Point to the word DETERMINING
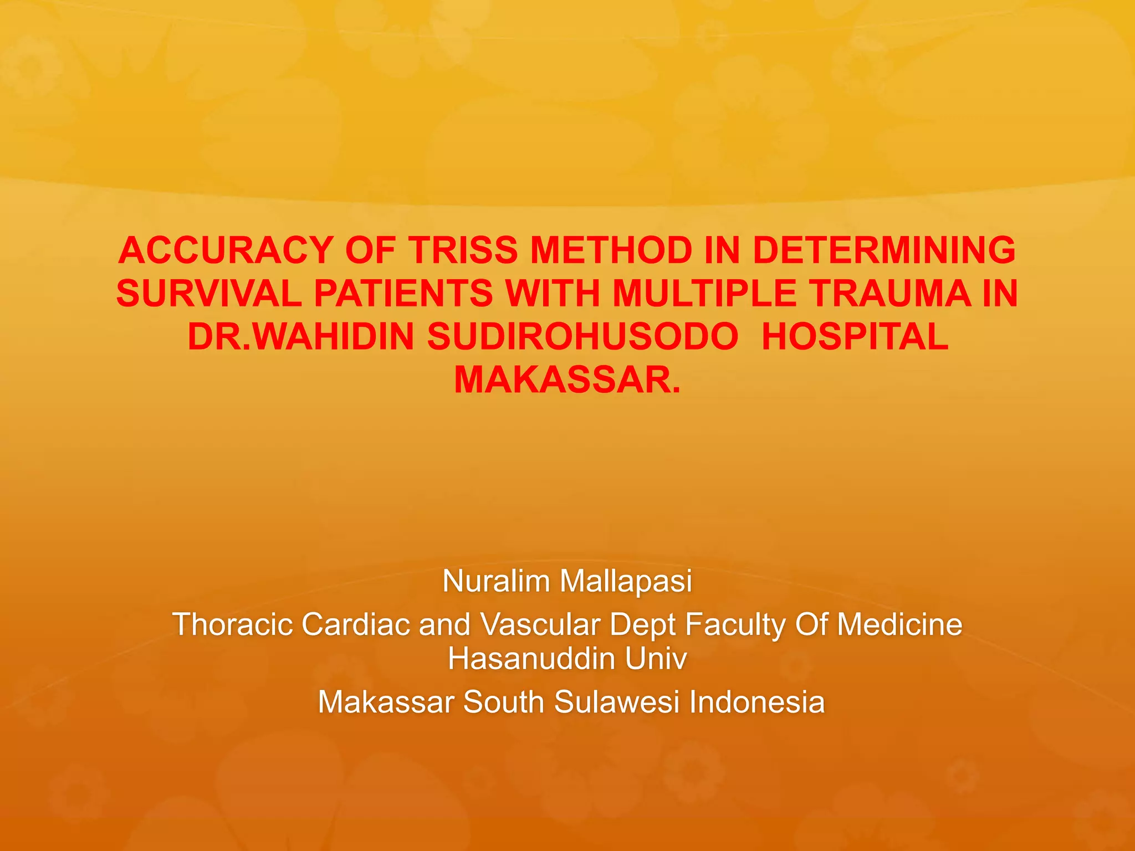(x=885, y=250)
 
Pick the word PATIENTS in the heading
(x=403, y=294)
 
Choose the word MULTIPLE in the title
(x=704, y=294)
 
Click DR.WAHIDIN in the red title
(x=301, y=337)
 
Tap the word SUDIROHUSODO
(x=582, y=337)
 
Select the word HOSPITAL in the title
(x=855, y=337)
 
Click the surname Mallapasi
(x=626, y=581)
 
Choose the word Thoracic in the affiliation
(x=233, y=624)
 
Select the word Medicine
(x=899, y=624)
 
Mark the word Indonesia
(x=757, y=702)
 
